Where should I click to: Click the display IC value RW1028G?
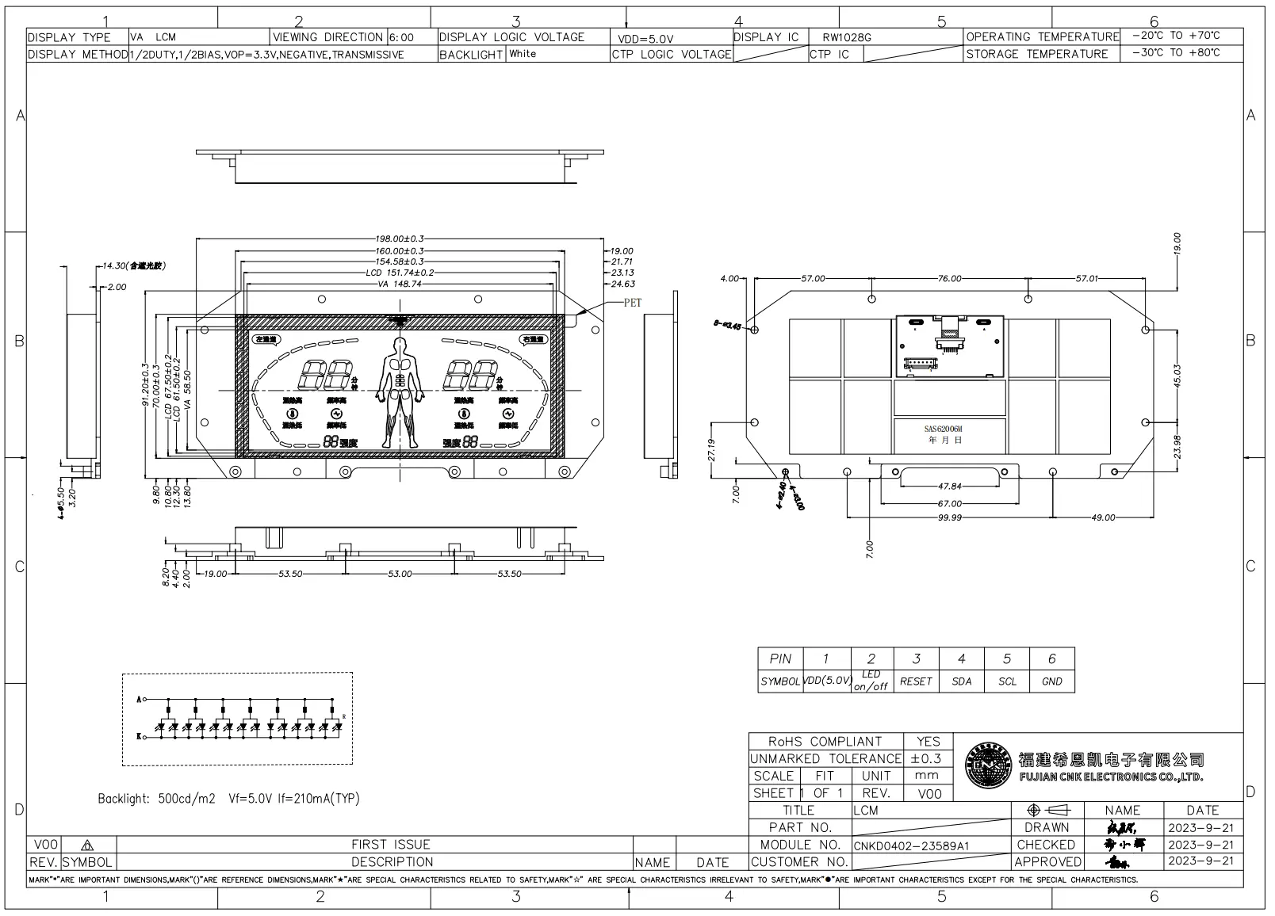click(847, 37)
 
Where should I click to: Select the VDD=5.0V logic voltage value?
click(645, 38)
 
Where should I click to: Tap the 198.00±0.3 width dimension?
click(400, 239)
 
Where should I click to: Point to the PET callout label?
click(632, 303)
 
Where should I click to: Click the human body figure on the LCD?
click(400, 391)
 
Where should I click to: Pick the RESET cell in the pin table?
click(916, 681)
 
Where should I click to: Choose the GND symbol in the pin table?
click(1051, 681)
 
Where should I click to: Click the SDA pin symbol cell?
click(961, 681)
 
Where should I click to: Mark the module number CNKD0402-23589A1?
click(911, 845)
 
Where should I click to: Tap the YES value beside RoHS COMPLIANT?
click(928, 742)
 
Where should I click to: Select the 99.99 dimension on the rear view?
click(949, 517)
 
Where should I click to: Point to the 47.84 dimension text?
click(949, 487)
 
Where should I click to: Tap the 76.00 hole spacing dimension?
click(949, 279)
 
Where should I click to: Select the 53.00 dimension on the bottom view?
click(400, 574)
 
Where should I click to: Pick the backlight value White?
click(523, 54)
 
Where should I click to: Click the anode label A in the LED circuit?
click(140, 700)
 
